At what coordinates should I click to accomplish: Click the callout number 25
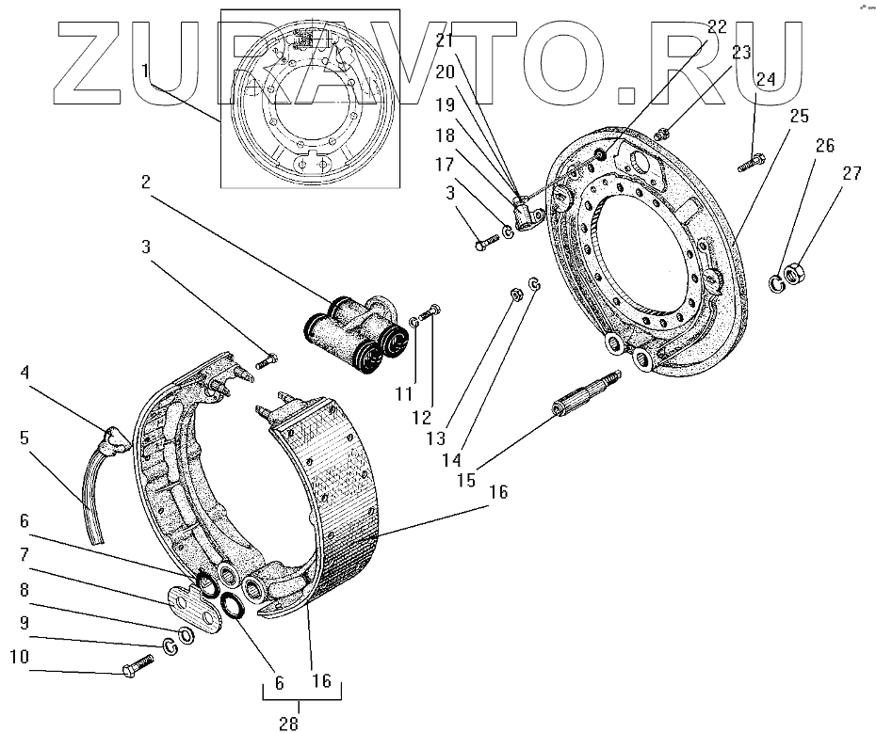[x=800, y=116]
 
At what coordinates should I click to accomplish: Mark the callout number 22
[x=717, y=26]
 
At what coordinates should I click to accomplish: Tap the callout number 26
[x=825, y=146]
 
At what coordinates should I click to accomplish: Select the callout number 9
[x=23, y=622]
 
